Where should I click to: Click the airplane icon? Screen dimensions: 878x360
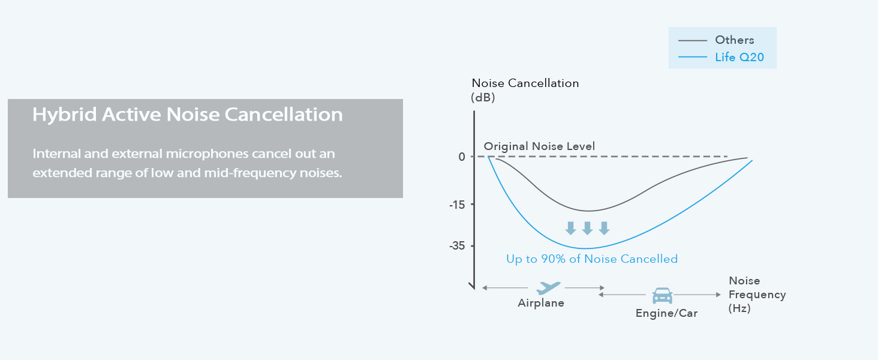(548, 288)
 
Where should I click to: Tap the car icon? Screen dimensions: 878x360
(663, 296)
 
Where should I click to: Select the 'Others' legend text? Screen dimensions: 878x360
(735, 40)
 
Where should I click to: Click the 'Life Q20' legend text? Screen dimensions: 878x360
(739, 57)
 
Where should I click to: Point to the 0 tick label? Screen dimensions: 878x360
(462, 157)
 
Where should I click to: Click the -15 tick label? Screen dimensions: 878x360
(457, 205)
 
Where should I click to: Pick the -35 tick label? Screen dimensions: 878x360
(457, 246)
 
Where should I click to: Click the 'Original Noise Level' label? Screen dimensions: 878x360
(539, 146)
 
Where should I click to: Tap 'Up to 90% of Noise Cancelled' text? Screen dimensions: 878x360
(592, 259)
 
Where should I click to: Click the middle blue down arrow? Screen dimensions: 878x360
(587, 228)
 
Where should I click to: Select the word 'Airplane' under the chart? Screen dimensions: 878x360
(541, 303)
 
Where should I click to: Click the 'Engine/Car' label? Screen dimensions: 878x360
(667, 313)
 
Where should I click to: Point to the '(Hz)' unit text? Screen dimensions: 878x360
(739, 308)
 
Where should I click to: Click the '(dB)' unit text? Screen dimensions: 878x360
(483, 97)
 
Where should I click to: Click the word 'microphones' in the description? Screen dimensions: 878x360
(207, 154)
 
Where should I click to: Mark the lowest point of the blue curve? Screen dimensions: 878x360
(585, 248)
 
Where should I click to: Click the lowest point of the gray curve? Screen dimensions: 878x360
(589, 211)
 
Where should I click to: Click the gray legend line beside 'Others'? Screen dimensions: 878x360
(693, 40)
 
